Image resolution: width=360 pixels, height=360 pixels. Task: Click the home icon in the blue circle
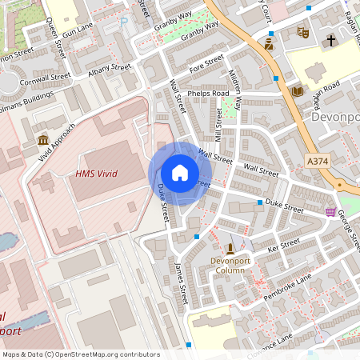180,173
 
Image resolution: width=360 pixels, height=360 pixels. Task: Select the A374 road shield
318,162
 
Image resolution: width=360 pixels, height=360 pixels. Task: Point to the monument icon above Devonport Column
231,249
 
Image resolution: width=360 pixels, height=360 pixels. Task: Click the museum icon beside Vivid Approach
42,141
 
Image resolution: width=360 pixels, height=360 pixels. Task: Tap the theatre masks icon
302,33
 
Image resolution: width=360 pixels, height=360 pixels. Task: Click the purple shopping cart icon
331,212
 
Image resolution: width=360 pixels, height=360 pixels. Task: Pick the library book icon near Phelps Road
298,91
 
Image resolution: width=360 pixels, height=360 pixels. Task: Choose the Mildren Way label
237,89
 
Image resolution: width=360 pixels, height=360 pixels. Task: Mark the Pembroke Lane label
287,286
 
